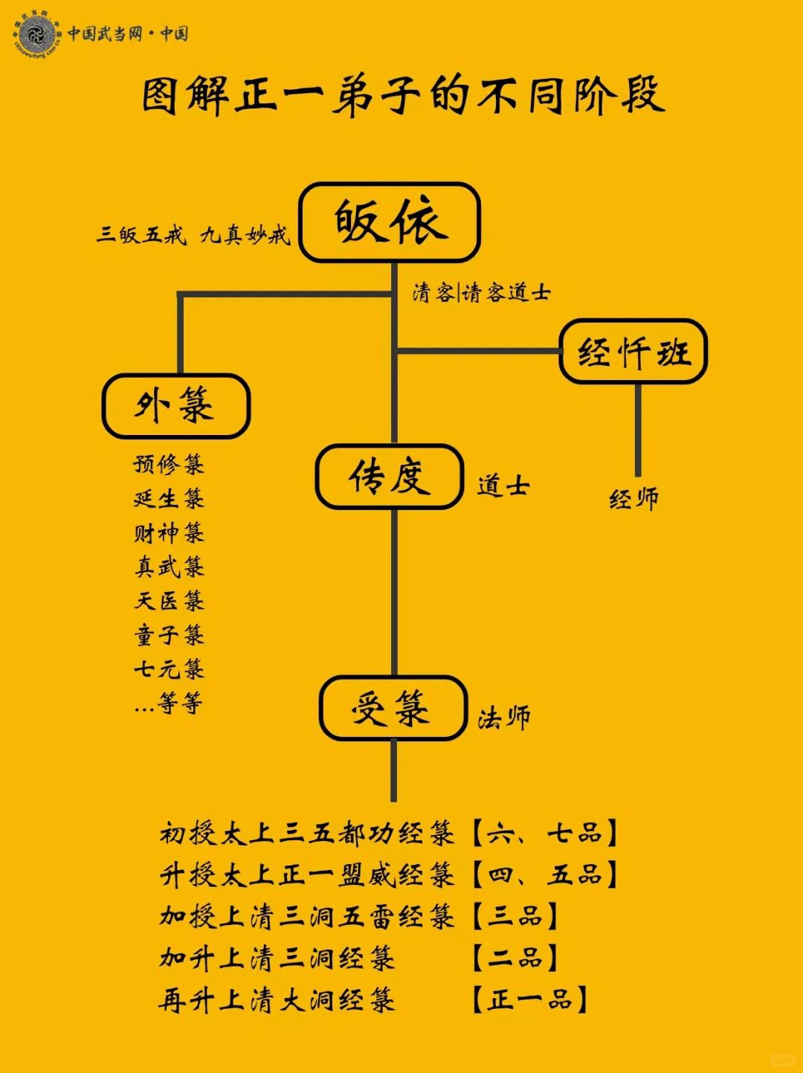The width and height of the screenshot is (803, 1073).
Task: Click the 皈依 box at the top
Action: [x=390, y=222]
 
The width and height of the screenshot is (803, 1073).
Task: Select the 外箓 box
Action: [x=175, y=406]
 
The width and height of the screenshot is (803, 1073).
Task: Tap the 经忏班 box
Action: [x=633, y=352]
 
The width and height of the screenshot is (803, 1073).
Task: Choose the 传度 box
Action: [x=390, y=477]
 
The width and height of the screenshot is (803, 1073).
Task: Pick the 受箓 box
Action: [x=393, y=708]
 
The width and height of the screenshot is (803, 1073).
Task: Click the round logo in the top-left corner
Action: [x=38, y=34]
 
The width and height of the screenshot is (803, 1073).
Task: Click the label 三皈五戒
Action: [x=141, y=235]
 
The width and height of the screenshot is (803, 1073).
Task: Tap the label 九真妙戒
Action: [x=245, y=235]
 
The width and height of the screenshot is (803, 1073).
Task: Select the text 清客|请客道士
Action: [x=481, y=293]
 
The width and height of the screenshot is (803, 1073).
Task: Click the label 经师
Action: [x=633, y=499]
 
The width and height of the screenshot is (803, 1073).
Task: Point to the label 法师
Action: [x=504, y=718]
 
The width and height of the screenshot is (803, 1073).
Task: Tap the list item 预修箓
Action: [x=169, y=465]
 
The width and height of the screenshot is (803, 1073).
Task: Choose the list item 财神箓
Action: [x=169, y=533]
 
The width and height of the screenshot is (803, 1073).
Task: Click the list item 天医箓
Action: [x=169, y=601]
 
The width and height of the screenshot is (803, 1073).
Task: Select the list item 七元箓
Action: [x=169, y=669]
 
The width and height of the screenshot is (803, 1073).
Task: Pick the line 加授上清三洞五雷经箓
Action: [x=306, y=917]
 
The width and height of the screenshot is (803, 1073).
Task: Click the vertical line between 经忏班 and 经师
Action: [x=638, y=430]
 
